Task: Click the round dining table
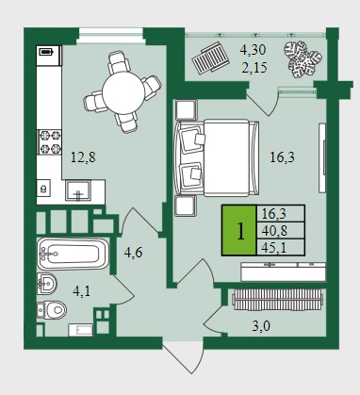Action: click(123, 92)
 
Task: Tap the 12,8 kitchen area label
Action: click(83, 157)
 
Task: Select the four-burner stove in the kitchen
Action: click(49, 142)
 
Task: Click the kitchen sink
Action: click(78, 190)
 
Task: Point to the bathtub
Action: click(73, 254)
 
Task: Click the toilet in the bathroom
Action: click(52, 310)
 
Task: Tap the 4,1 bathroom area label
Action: click(81, 291)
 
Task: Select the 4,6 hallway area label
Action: click(133, 253)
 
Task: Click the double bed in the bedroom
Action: click(217, 157)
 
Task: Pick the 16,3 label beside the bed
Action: click(282, 157)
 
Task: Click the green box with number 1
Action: click(239, 230)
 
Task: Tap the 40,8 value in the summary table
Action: click(274, 231)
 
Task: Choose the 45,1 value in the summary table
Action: click(273, 248)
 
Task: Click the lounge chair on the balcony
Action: click(209, 58)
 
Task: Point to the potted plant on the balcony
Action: click(303, 59)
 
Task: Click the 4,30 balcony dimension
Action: click(253, 50)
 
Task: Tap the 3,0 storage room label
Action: click(261, 326)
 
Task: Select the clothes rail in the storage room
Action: click(277, 300)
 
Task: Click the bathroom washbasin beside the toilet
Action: click(46, 284)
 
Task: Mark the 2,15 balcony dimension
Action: click(254, 67)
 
